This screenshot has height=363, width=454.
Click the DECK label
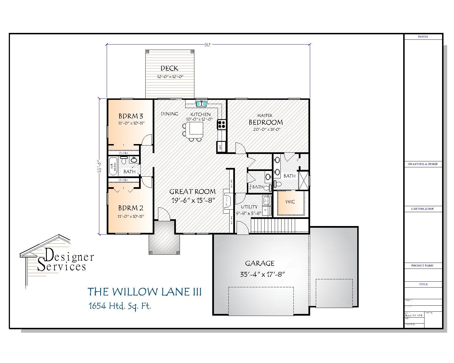tap(169, 68)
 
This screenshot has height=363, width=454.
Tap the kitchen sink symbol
tap(202, 104)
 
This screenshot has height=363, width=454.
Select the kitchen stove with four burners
tap(221, 124)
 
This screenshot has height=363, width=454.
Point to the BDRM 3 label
tap(131, 116)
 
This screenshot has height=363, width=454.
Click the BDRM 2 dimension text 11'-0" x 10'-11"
tap(131, 216)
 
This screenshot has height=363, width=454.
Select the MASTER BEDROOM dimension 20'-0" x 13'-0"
tap(266, 130)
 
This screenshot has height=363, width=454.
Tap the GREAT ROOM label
tap(193, 191)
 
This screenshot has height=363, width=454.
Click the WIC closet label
tap(290, 202)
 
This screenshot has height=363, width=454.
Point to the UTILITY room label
tap(249, 207)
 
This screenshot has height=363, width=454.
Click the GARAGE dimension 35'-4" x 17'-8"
tap(262, 275)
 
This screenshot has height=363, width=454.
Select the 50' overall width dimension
tap(208, 45)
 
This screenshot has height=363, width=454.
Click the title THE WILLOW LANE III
tap(144, 292)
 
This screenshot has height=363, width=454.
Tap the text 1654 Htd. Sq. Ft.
tap(119, 306)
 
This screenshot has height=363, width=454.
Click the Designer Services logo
tap(57, 258)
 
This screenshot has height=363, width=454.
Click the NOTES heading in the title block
tap(423, 37)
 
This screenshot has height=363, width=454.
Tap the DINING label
tap(170, 114)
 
